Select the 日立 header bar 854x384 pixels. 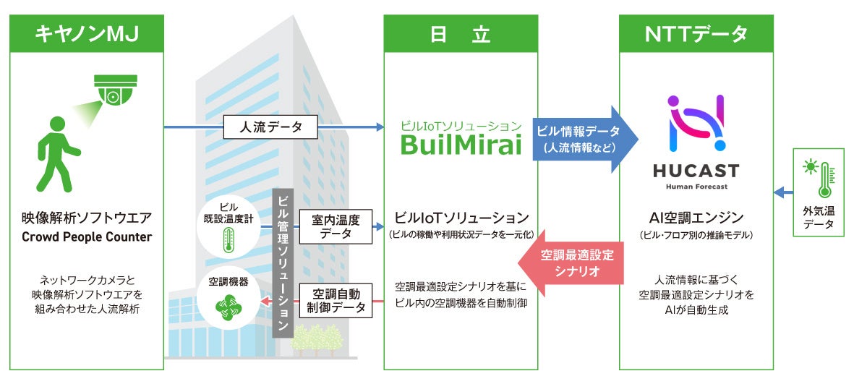point(461,33)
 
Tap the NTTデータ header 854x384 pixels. point(696,33)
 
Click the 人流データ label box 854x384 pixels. point(270,128)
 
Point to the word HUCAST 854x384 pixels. point(696,171)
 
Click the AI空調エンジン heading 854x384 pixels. point(696,218)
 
